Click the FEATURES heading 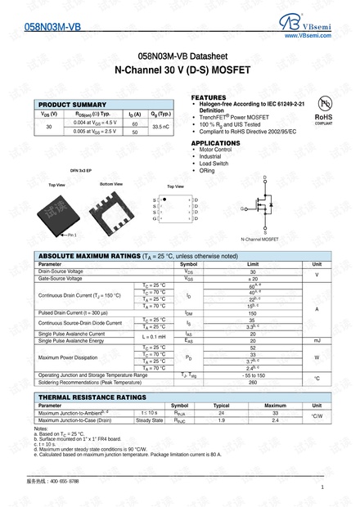pos(209,96)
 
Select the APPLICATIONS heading pos(215,142)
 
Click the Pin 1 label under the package pos(72,235)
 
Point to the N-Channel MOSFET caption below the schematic pos(259,239)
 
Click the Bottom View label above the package pos(111,185)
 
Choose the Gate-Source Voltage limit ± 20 pos(252,279)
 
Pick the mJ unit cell pos(317,339)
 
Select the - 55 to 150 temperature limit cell pos(252,374)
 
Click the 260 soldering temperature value pos(252,381)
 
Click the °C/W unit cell pos(317,416)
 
